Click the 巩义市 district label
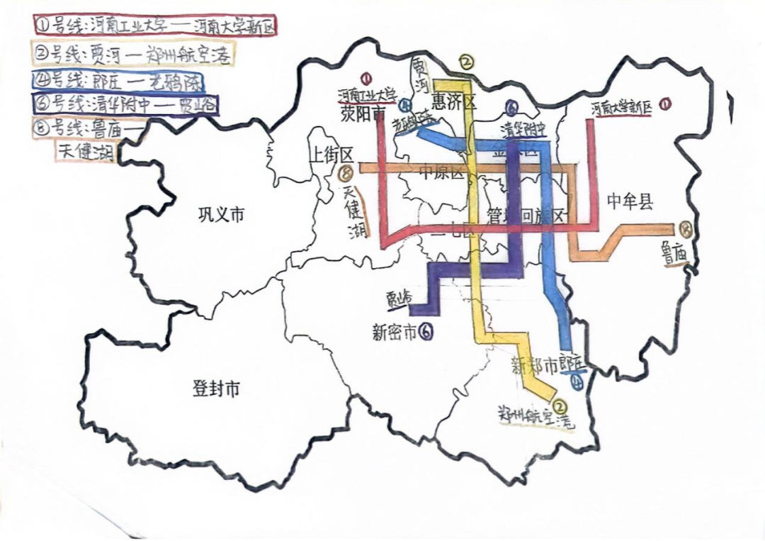pyautogui.click(x=221, y=213)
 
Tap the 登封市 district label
pyautogui.click(x=216, y=389)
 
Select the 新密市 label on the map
pyautogui.click(x=394, y=332)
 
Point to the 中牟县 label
pyautogui.click(x=629, y=202)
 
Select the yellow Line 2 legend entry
pyautogui.click(x=134, y=54)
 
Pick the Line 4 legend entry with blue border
pyautogui.click(x=119, y=79)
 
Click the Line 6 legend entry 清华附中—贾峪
pyautogui.click(x=125, y=104)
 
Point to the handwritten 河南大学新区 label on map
pyautogui.click(x=620, y=108)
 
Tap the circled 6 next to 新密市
pyautogui.click(x=426, y=331)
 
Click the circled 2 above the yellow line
pyautogui.click(x=466, y=62)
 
